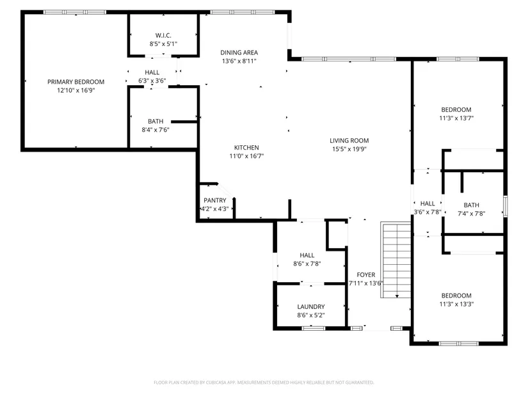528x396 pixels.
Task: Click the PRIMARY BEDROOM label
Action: pos(76,82)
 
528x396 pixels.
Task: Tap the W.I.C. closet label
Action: pos(163,35)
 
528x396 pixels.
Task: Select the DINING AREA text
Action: pos(239,52)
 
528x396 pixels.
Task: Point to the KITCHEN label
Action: pos(246,148)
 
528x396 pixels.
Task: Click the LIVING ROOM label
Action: pos(349,140)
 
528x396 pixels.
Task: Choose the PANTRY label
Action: pos(215,200)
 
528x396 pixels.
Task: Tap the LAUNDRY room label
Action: pos(311,307)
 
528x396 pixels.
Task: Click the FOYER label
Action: pos(366,275)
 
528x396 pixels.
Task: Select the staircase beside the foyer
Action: pos(396,260)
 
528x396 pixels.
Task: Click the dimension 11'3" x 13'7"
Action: pos(456,118)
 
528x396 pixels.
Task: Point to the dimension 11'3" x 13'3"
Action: pos(456,304)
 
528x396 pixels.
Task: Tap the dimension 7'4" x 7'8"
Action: pos(472,214)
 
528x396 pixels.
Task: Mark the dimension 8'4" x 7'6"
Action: pos(156,130)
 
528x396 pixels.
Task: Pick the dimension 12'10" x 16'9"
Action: pos(76,90)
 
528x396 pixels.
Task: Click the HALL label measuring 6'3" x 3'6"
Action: pos(152,72)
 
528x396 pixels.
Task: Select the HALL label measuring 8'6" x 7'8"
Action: pos(307,255)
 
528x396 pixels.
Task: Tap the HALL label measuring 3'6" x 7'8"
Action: pos(428,203)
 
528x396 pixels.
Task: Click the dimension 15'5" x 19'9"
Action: pos(349,149)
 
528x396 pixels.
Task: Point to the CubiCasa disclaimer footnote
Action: pos(264,383)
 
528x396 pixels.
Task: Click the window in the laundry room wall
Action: pos(313,328)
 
